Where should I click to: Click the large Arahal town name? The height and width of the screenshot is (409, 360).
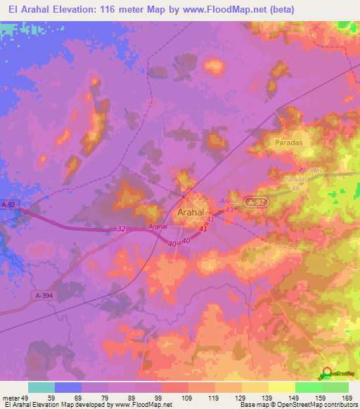pyautogui.click(x=191, y=212)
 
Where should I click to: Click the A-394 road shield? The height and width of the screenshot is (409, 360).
pyautogui.click(x=44, y=296)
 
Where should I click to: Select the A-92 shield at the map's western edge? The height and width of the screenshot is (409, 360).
pyautogui.click(x=8, y=204)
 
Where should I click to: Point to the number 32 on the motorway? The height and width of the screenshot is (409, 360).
pyautogui.click(x=121, y=228)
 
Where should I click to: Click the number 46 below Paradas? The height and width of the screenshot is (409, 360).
pyautogui.click(x=296, y=188)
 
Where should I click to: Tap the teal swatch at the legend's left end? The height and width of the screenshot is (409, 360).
pyautogui.click(x=41, y=387)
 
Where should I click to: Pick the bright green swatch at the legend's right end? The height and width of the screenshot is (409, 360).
pyautogui.click(x=335, y=387)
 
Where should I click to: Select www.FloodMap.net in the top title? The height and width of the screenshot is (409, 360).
pyautogui.click(x=229, y=9)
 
